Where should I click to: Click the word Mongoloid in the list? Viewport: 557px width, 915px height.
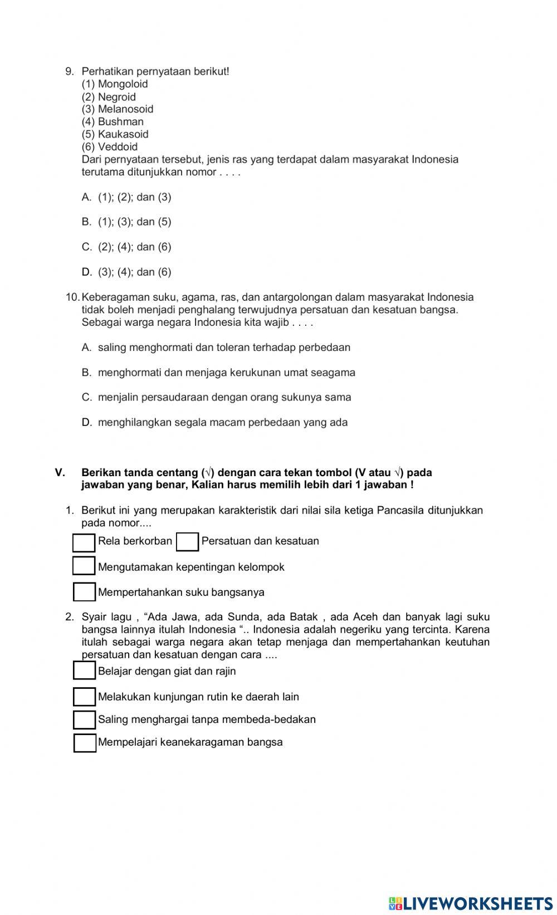[x=123, y=84]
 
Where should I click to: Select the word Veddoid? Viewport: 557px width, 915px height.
[x=118, y=146]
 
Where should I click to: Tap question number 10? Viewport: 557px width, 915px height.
[x=73, y=297]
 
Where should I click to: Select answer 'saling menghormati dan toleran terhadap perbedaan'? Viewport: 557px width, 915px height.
[x=224, y=348]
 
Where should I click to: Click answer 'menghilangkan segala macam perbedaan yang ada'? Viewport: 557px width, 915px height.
[x=223, y=423]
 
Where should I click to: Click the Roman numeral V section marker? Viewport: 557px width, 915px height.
[x=60, y=473]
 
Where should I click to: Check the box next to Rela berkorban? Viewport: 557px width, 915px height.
[x=84, y=543]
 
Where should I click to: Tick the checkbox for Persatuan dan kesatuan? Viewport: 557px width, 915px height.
[x=187, y=542]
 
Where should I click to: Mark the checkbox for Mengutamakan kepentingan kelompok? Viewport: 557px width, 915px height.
[x=84, y=566]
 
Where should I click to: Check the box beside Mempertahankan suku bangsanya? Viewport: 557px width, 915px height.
[x=84, y=592]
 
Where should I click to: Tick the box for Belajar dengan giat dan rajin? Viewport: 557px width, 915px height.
[x=84, y=671]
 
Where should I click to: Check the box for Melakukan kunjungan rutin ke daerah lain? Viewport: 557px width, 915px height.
[x=84, y=697]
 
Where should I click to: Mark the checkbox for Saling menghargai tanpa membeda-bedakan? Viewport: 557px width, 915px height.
[x=84, y=720]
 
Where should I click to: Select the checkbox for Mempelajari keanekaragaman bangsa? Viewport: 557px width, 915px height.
[x=85, y=743]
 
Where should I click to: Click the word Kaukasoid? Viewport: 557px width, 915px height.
[x=123, y=134]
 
